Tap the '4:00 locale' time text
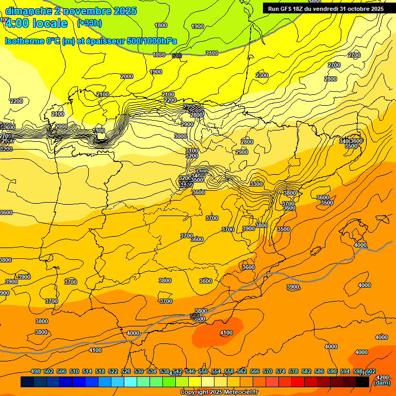(36, 23)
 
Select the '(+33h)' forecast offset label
(89, 23)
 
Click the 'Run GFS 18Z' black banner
(325, 9)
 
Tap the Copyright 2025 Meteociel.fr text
(219, 392)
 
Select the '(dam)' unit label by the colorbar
(382, 383)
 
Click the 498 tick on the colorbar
(36, 371)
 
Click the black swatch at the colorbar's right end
(362, 382)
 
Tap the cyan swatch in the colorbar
(130, 382)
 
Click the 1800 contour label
(161, 25)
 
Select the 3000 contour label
(180, 136)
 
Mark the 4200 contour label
(383, 377)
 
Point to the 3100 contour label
(192, 151)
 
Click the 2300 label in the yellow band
(262, 76)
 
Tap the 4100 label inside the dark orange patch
(226, 333)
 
